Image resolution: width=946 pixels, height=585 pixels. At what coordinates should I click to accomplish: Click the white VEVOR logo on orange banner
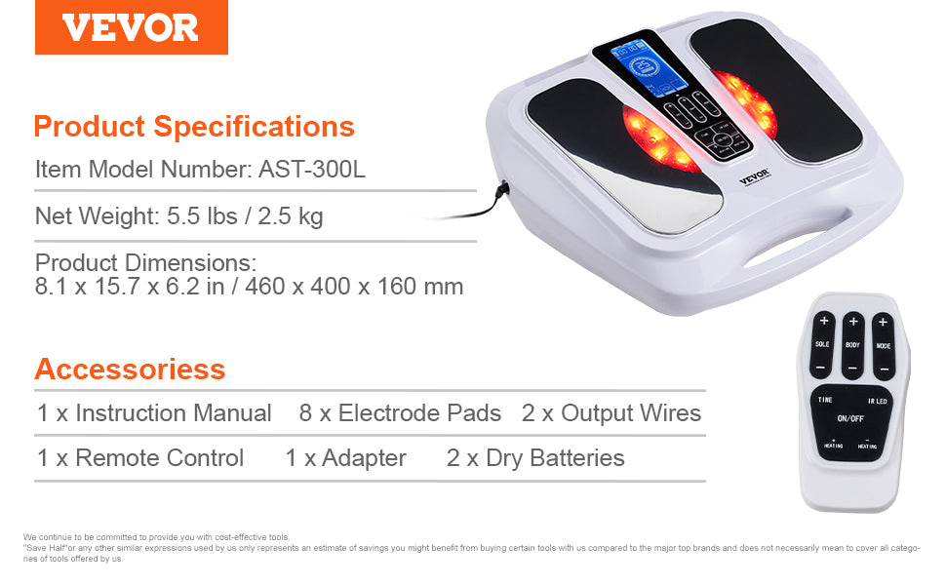coord(131,27)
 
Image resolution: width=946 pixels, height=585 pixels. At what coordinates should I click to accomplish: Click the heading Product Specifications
coord(194,127)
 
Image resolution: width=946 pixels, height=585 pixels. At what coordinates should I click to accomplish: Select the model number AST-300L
coord(312,169)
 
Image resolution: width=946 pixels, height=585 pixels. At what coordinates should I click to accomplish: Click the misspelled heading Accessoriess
coord(130,370)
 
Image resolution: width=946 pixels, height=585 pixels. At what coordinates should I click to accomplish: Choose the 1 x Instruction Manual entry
coord(154,413)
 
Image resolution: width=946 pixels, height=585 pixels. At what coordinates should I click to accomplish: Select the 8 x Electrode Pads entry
coord(400,413)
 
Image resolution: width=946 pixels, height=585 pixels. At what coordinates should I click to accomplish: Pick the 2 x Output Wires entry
coord(611,413)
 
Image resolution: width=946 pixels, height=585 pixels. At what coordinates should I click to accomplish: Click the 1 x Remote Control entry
coord(140,458)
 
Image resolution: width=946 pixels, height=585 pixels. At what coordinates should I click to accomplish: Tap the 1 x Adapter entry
coord(345,458)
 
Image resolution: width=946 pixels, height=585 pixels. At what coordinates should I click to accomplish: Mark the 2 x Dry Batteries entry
coord(535,458)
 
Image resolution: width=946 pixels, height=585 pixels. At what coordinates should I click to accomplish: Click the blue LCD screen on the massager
coord(640,70)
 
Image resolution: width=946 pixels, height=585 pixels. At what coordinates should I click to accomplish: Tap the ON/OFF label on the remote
coord(849,418)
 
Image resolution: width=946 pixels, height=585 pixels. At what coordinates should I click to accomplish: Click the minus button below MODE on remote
coord(883,369)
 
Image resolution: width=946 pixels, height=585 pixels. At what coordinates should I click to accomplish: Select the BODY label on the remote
coord(852,345)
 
